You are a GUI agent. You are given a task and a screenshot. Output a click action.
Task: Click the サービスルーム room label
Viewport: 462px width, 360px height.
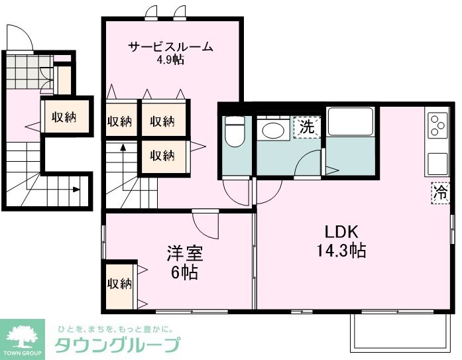pyautogui.click(x=170, y=47)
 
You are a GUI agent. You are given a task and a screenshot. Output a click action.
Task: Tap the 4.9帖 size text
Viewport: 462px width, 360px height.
pyautogui.click(x=170, y=60)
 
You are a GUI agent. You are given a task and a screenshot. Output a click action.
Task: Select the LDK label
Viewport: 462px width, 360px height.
pyautogui.click(x=341, y=233)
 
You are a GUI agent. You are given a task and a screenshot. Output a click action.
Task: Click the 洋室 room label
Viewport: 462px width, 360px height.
pyautogui.click(x=184, y=253)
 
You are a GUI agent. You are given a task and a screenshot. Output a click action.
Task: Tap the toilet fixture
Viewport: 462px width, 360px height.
pyautogui.click(x=235, y=133)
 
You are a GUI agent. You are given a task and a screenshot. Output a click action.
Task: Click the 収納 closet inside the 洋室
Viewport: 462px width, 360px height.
pyautogui.click(x=119, y=284)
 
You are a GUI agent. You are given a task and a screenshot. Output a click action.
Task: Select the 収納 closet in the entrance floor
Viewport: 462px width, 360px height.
pyautogui.click(x=64, y=117)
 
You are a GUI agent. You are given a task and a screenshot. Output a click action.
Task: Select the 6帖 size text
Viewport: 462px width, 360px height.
pyautogui.click(x=184, y=272)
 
